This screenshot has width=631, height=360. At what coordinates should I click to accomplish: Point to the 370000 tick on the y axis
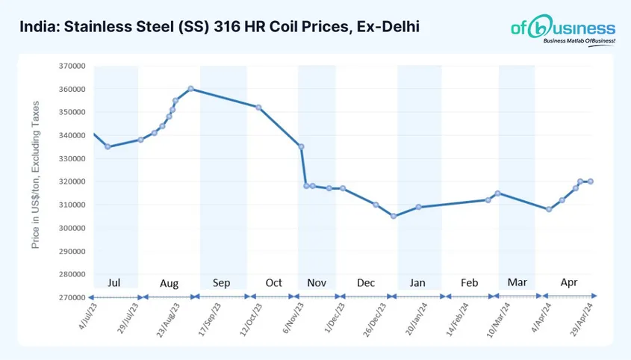pos(72,66)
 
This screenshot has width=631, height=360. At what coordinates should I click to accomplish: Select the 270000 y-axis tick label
pos(72,297)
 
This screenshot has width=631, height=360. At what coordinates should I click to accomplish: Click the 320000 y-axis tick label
pos(72,181)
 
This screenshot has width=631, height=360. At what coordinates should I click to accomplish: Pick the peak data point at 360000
pos(191,89)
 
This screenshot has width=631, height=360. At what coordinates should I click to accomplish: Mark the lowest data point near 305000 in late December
pos(394,217)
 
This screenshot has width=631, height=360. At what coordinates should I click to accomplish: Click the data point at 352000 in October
pos(258,108)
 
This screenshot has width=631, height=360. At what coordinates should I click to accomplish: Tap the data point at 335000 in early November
pos(302,146)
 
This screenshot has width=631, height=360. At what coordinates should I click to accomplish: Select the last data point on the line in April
pos(591,181)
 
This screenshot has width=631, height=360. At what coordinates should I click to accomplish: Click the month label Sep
pos(222,283)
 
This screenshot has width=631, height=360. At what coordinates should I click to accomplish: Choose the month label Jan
pos(417,283)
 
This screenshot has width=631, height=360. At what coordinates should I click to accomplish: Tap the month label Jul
pos(114,283)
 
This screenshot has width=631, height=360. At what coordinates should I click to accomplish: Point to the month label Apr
pos(570,283)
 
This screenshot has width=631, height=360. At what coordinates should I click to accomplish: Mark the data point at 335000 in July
pos(108,147)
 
